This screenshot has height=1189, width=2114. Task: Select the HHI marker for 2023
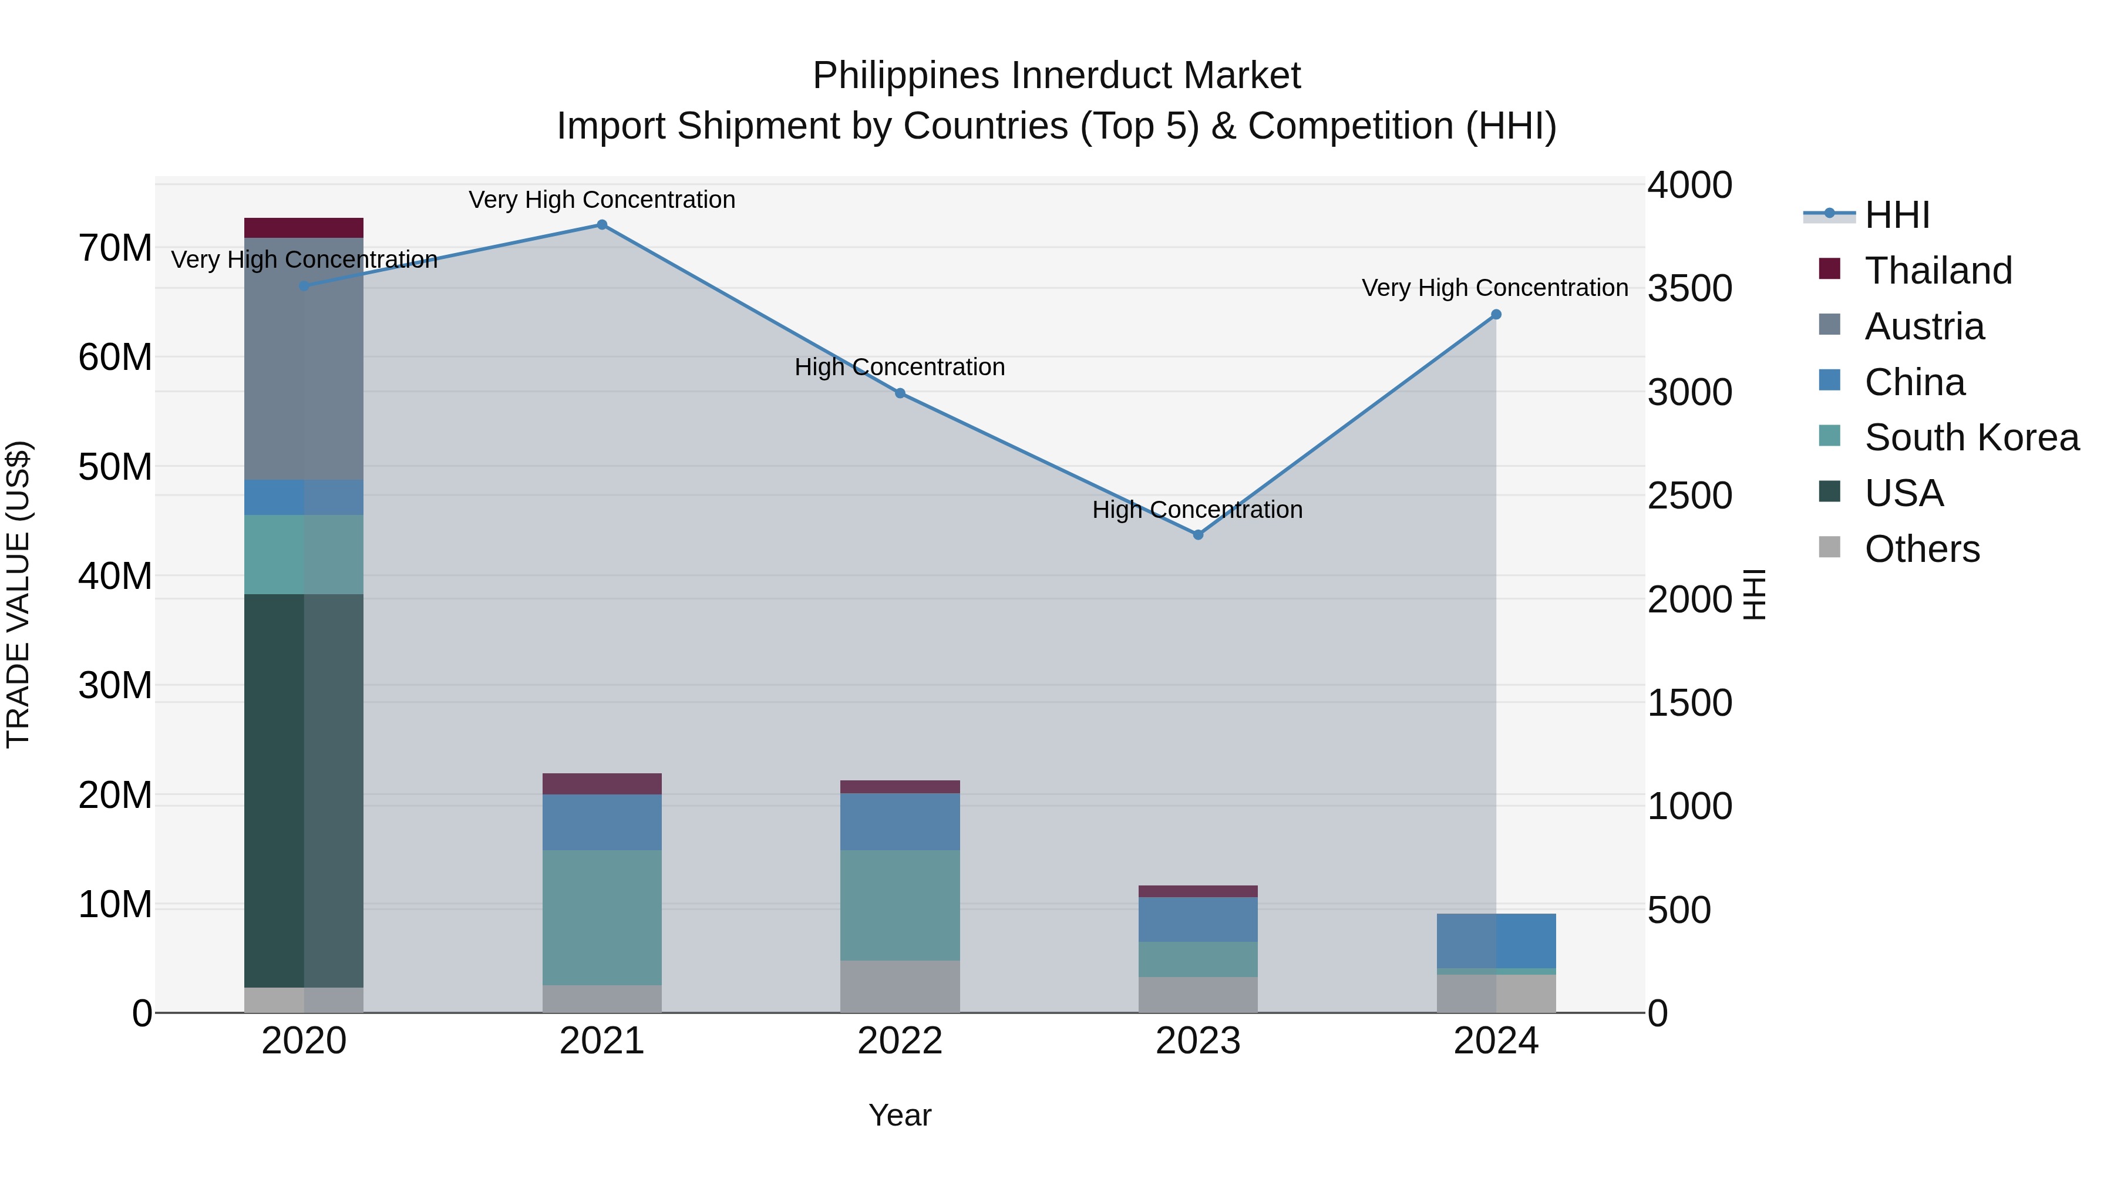pyautogui.click(x=1197, y=535)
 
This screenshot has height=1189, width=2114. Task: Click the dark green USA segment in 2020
pyautogui.click(x=304, y=790)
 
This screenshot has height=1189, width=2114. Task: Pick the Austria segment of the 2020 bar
pyautogui.click(x=304, y=359)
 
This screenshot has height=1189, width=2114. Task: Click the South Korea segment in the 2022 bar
pyautogui.click(x=900, y=905)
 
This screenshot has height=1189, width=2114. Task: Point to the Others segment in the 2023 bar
pyautogui.click(x=1197, y=995)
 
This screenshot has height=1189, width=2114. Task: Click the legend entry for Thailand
pyautogui.click(x=1938, y=271)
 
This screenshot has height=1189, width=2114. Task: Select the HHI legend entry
pyautogui.click(x=1897, y=215)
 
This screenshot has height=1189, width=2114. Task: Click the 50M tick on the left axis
pyautogui.click(x=115, y=467)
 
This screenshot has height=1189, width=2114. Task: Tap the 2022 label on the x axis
pyautogui.click(x=900, y=1041)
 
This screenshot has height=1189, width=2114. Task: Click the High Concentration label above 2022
pyautogui.click(x=900, y=367)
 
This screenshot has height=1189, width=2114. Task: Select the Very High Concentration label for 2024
pyautogui.click(x=1494, y=288)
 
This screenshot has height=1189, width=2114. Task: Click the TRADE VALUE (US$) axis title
pyautogui.click(x=18, y=594)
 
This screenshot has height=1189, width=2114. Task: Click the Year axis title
pyautogui.click(x=900, y=1115)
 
